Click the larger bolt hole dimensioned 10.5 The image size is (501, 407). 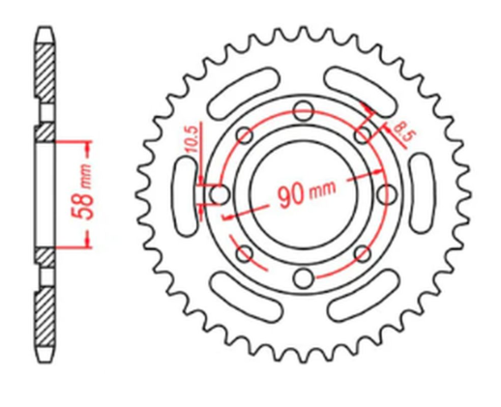(219, 195)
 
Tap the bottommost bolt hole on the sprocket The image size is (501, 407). (304, 279)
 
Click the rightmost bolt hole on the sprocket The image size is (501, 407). (387, 195)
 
